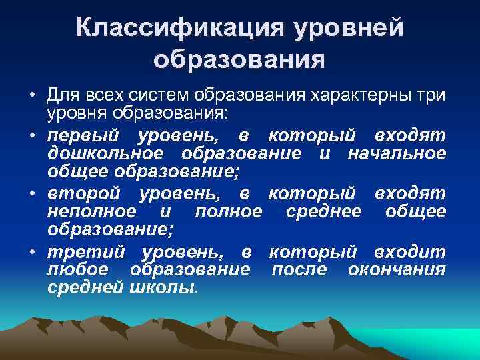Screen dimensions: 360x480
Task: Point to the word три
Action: tap(431, 95)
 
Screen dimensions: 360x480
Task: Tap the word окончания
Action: tap(397, 269)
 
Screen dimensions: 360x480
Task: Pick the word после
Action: tap(300, 269)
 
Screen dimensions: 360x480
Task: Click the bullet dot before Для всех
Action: tap(32, 97)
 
